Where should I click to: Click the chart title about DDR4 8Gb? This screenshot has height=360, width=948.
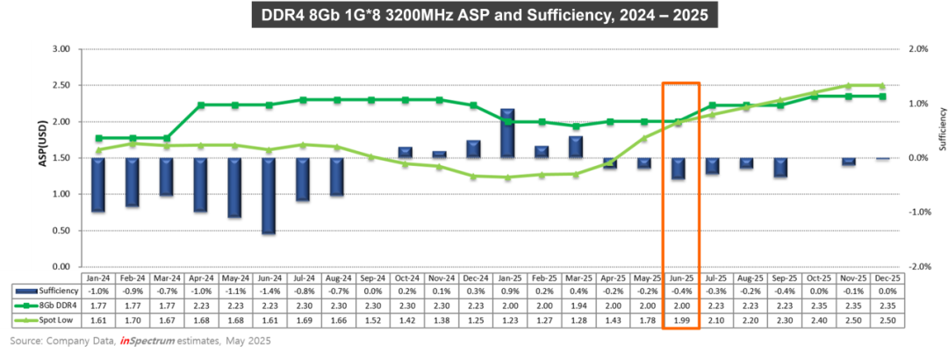pyautogui.click(x=475, y=16)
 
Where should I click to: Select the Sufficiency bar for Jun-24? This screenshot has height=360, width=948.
pyautogui.click(x=269, y=196)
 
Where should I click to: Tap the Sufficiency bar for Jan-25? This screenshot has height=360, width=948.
pyautogui.click(x=507, y=133)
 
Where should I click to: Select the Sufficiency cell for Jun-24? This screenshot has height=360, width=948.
pyautogui.click(x=269, y=290)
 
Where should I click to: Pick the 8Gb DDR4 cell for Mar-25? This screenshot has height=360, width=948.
pyautogui.click(x=576, y=305)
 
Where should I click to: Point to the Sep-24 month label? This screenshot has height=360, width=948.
pyautogui.click(x=370, y=275)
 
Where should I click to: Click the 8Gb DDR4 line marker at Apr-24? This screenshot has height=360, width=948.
pyautogui.click(x=201, y=105)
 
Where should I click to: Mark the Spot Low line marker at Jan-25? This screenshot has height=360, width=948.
pyautogui.click(x=507, y=177)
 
